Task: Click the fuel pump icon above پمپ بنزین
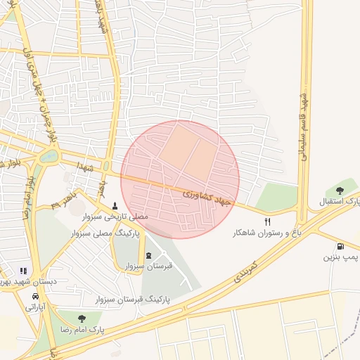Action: click(341, 247)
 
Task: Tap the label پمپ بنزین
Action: click(341, 258)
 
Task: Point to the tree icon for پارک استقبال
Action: click(340, 191)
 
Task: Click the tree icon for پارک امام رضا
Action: click(82, 319)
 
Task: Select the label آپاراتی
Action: click(35, 307)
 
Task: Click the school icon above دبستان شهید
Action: click(23, 271)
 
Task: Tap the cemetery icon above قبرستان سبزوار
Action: click(148, 255)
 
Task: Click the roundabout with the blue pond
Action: click(49, 156)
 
